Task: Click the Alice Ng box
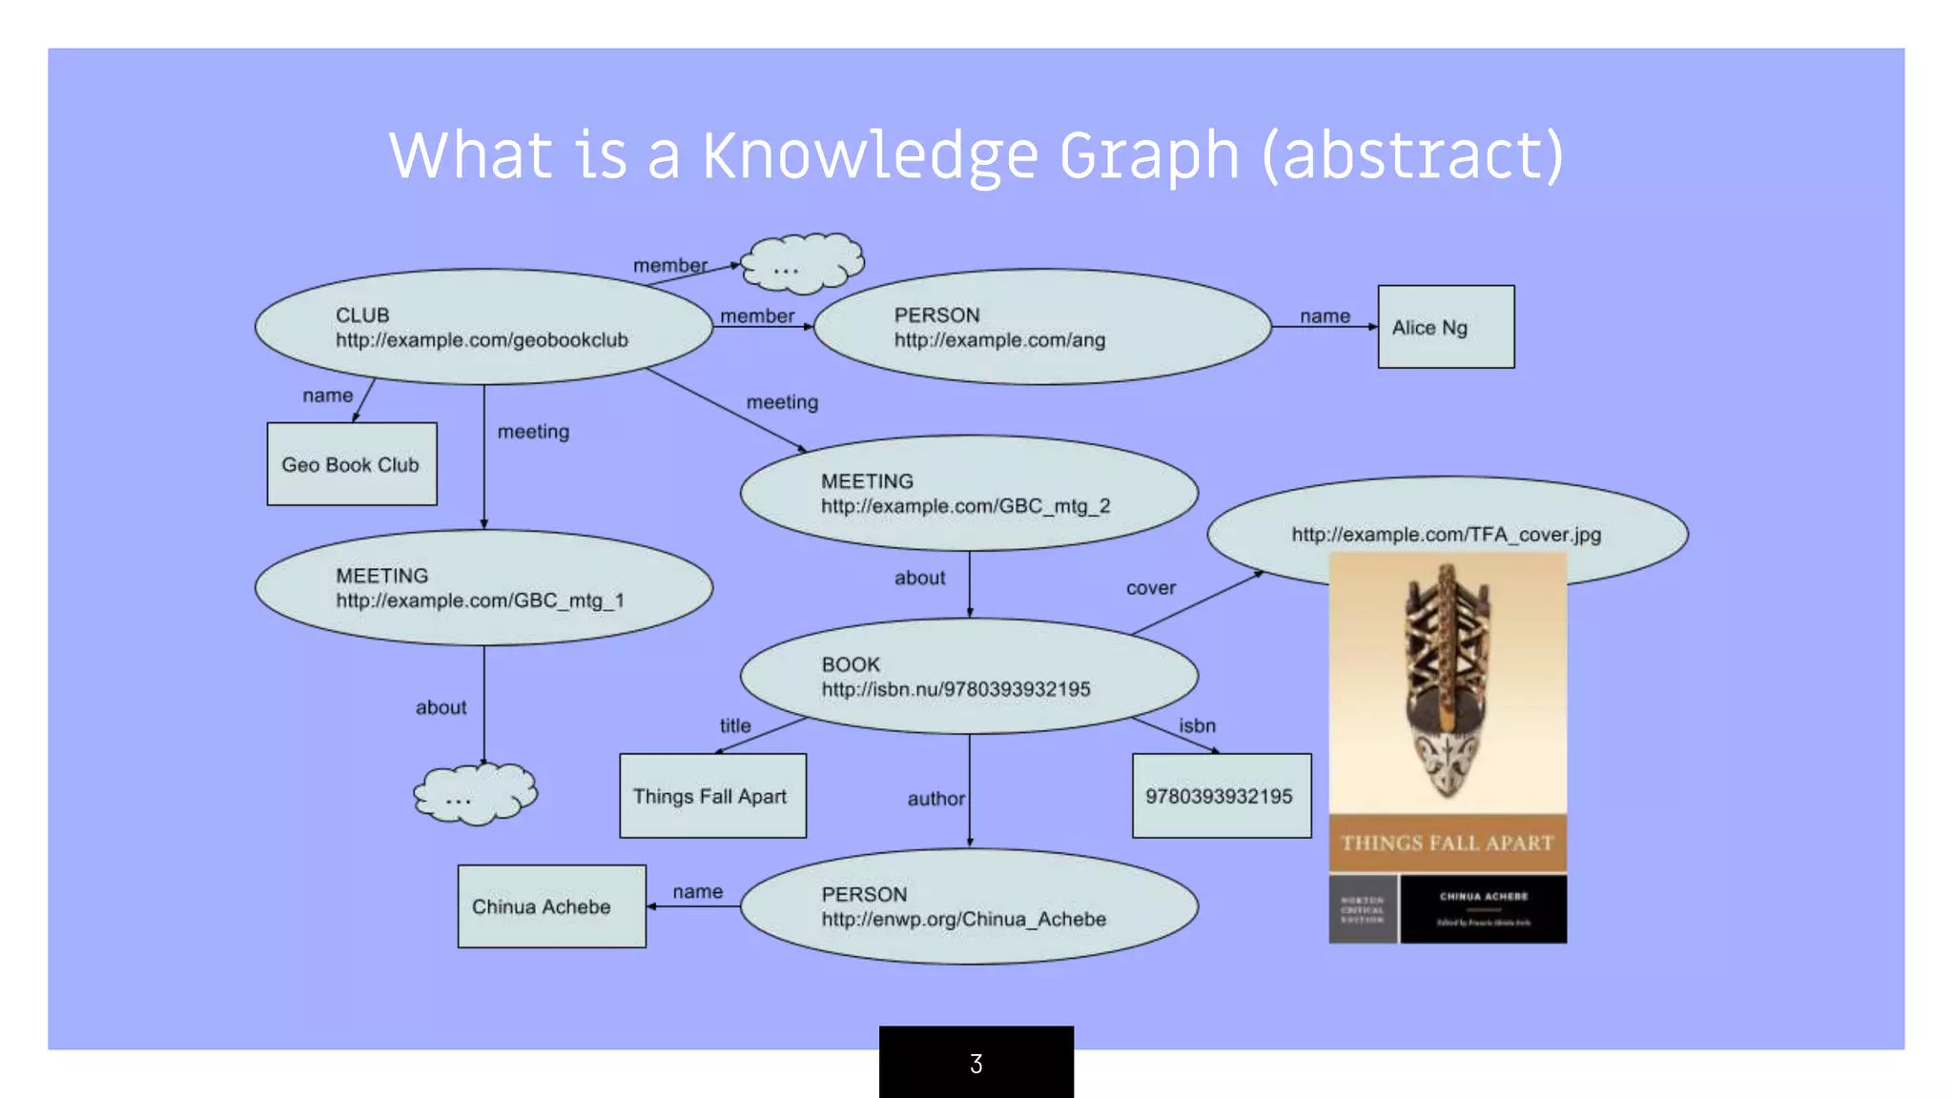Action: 1446,327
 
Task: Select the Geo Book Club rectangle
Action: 352,464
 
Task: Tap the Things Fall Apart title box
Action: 712,796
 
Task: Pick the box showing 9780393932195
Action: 1221,796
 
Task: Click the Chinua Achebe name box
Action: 551,906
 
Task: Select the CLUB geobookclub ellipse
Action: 483,327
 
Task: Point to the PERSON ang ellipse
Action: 1042,327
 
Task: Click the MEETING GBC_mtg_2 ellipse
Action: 968,493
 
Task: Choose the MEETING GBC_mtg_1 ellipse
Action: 483,588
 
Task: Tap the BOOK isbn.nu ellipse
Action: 968,677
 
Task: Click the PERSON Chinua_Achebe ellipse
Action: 968,906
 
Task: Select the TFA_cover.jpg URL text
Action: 1446,535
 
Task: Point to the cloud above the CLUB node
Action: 802,262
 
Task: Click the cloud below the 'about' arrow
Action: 474,794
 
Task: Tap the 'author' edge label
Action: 935,799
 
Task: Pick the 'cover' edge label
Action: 1150,588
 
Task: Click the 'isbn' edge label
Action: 1197,726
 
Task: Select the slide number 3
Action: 976,1064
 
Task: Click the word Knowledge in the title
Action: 870,155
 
